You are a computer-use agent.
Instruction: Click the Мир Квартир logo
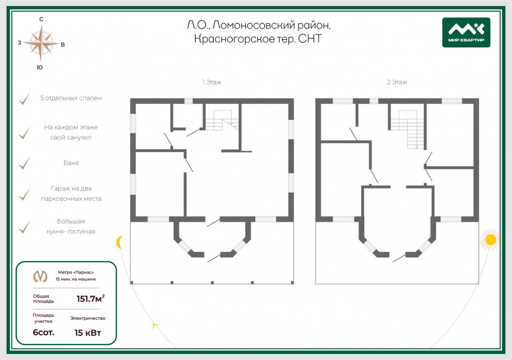[x=466, y=32]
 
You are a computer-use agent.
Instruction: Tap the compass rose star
[x=41, y=43]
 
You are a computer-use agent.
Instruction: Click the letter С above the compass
[x=41, y=19]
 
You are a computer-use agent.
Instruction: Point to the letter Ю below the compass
[x=40, y=68]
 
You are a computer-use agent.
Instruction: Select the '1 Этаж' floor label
[x=212, y=82]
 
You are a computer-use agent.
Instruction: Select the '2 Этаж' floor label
[x=397, y=82]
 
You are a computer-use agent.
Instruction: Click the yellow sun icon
[x=490, y=240]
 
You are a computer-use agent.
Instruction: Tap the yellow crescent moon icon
[x=119, y=242]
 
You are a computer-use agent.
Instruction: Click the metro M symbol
[x=40, y=276]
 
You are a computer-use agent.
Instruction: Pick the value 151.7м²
[x=90, y=298]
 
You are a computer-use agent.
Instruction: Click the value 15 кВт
[x=88, y=333]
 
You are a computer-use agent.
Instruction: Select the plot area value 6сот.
[x=44, y=332]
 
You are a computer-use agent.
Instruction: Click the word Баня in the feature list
[x=71, y=163]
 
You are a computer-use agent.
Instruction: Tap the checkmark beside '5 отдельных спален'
[x=24, y=98]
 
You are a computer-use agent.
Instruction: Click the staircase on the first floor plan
[x=222, y=120]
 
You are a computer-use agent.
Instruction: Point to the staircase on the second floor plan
[x=407, y=129]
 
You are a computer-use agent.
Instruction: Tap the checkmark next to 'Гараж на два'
[x=24, y=194]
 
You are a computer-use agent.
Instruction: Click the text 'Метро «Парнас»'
[x=76, y=272]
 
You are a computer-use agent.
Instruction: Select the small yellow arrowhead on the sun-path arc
[x=156, y=326]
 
